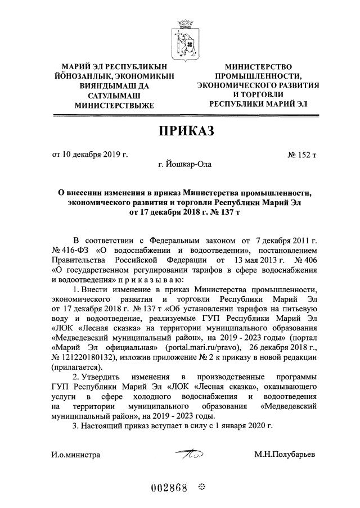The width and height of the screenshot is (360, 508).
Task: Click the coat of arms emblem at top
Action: [x=180, y=38]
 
